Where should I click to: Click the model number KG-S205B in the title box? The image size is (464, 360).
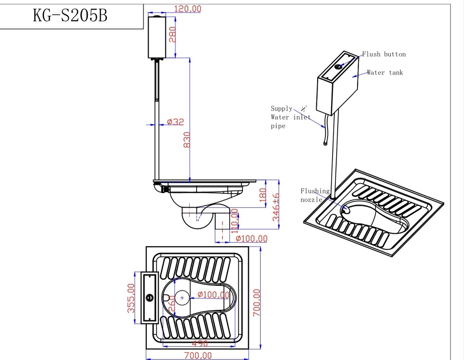pos(70,15)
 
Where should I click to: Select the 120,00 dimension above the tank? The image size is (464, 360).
pos(187,9)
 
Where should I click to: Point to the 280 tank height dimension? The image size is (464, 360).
pos(173,34)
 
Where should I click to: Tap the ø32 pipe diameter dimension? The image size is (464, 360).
pos(175,122)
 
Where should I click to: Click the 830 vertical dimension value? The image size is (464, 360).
pos(187,140)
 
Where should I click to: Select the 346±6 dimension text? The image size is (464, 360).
pos(276,207)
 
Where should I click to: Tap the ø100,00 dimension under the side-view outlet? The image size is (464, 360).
pos(249,238)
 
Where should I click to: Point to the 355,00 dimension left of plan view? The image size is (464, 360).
pos(130,298)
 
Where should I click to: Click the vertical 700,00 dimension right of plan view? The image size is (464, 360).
pos(257,303)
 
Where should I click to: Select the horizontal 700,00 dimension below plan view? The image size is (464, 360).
pos(198,355)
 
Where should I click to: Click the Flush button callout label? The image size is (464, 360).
pos(384,54)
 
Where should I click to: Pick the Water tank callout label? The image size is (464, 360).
pos(385,73)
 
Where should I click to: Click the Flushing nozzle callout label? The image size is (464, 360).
pos(314,195)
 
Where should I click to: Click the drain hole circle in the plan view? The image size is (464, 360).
pos(182,297)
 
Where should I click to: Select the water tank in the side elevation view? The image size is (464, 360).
pos(157,37)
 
